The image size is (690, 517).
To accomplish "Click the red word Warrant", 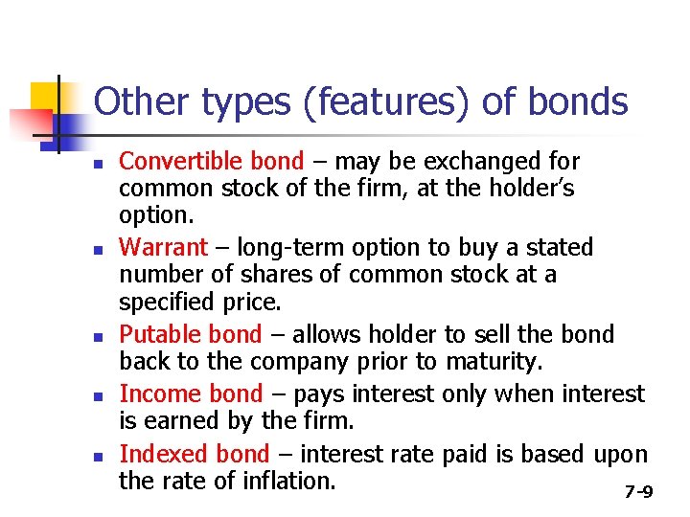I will pos(162,247).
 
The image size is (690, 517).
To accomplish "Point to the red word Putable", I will pos(154,334).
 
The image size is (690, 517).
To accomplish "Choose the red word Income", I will pos(152,393).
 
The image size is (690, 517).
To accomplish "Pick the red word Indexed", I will pos(156,454).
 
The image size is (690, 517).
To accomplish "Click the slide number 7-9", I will pos(638,492).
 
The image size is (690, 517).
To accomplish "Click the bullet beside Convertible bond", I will pos(99,163).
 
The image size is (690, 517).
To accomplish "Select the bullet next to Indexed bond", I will pos(99,456).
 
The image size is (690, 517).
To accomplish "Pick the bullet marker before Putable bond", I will pos(99,336).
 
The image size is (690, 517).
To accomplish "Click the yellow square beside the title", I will pos(44,97).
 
